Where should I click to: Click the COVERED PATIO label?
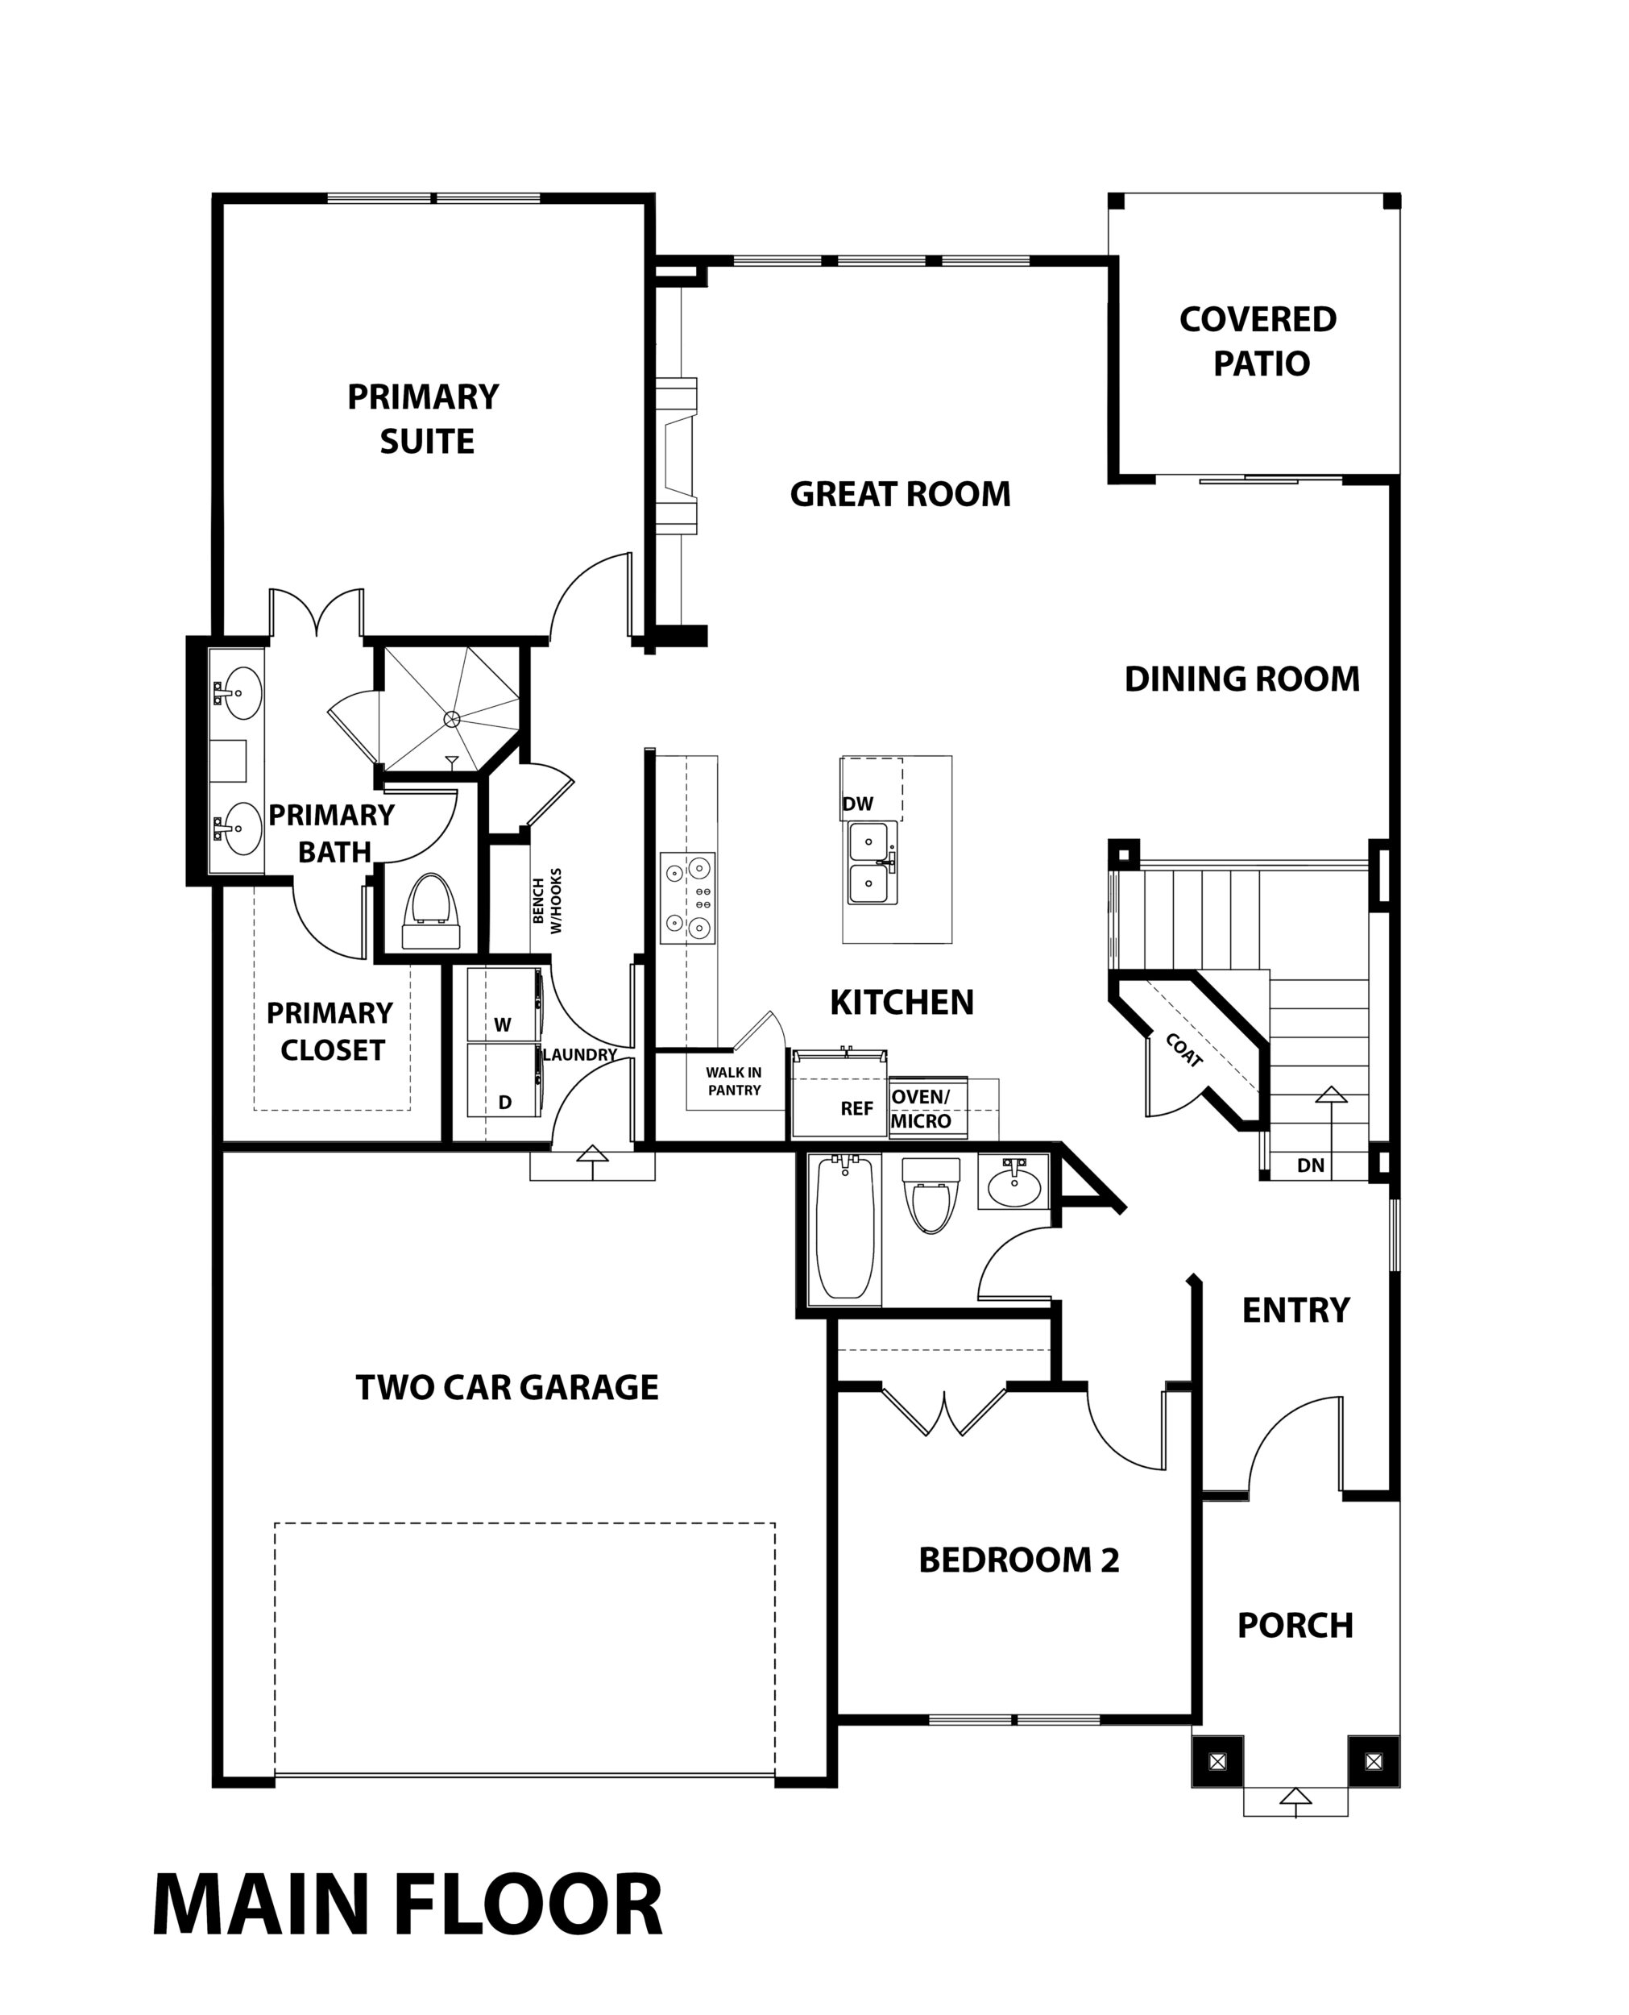(x=1258, y=341)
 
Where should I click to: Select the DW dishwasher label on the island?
(x=858, y=804)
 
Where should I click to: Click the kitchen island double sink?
(x=873, y=862)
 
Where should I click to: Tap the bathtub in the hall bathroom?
(x=844, y=1228)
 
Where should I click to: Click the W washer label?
(x=503, y=1025)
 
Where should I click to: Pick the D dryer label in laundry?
(x=505, y=1102)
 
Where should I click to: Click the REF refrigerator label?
(x=856, y=1108)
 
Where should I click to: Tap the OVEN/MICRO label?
(x=921, y=1108)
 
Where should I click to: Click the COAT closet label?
(x=1184, y=1050)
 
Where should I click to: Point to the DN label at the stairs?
(x=1311, y=1165)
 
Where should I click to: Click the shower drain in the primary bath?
(x=451, y=719)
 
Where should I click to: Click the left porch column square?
(x=1217, y=1762)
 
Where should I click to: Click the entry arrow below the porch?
(x=1296, y=1798)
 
